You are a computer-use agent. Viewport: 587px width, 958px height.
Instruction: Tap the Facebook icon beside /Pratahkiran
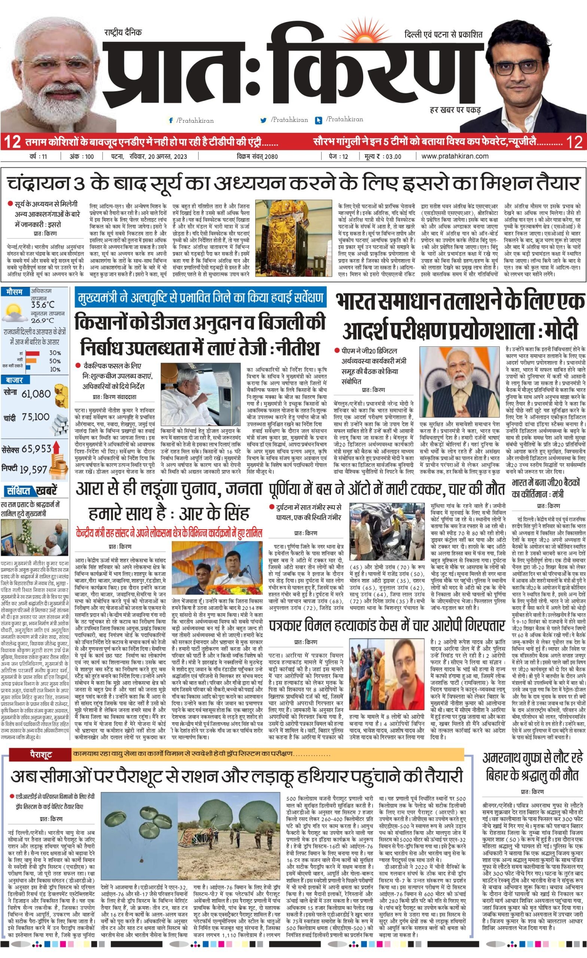point(170,120)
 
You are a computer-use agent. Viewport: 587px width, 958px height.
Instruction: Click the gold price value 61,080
point(36,393)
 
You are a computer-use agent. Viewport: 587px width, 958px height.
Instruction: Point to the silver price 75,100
point(36,417)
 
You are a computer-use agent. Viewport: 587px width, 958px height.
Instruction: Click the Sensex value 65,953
point(37,449)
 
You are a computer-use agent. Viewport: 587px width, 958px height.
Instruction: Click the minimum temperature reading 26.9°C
point(43,321)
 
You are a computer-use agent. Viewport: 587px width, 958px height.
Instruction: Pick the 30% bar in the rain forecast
point(33,353)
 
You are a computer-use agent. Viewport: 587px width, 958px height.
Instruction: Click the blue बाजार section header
point(14,380)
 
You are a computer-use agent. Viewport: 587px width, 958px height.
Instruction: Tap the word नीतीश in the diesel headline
point(297,347)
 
